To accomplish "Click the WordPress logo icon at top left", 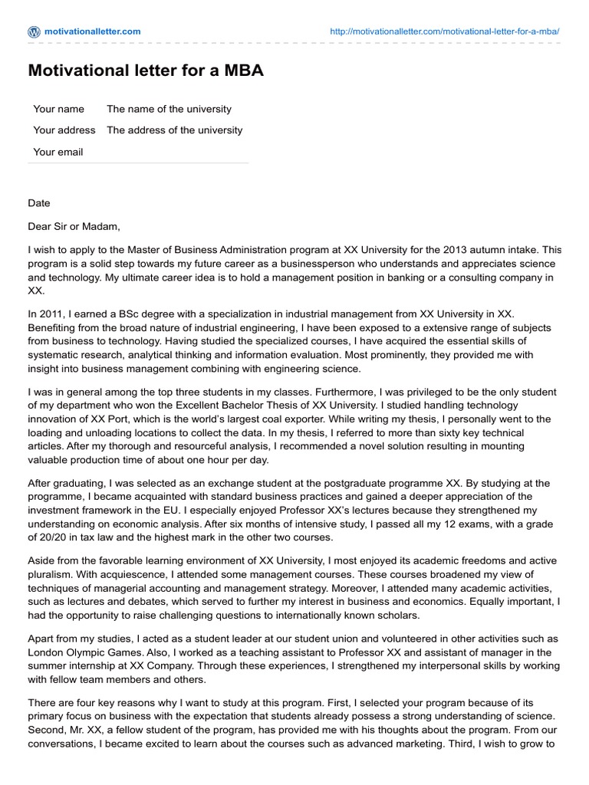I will (34, 31).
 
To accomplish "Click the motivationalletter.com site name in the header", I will (93, 31).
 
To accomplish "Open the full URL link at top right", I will (444, 31).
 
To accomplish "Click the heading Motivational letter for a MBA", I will (146, 71).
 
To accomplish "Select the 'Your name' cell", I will (59, 109).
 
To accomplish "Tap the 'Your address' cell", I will (64, 130).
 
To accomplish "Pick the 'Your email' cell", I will (58, 152).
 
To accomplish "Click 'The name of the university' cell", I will (169, 109).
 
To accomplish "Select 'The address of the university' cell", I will (174, 130).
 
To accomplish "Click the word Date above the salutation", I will (39, 203).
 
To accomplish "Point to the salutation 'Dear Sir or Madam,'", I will (74, 226).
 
